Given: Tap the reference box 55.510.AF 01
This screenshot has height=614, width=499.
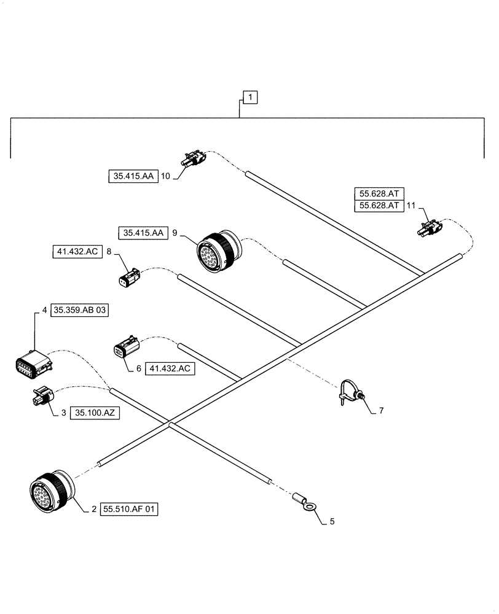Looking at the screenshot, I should [130, 509].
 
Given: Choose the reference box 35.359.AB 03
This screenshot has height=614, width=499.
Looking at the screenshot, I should [80, 311].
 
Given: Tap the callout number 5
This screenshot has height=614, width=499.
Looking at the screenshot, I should [332, 522].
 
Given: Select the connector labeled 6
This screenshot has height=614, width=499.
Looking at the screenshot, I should [125, 349].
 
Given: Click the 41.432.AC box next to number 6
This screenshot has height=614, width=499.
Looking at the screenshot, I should [171, 368].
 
